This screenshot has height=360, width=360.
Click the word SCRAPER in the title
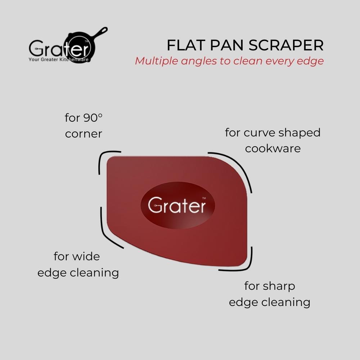[286, 45]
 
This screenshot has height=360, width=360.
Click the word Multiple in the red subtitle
[157, 61]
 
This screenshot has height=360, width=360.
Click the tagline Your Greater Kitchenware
[59, 59]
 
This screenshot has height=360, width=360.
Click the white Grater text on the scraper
[177, 205]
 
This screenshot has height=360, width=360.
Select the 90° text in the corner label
[93, 118]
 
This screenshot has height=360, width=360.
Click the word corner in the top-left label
[84, 134]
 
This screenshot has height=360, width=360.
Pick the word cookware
[273, 149]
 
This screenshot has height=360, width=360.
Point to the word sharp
[279, 287]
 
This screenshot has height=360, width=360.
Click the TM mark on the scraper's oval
[204, 198]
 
